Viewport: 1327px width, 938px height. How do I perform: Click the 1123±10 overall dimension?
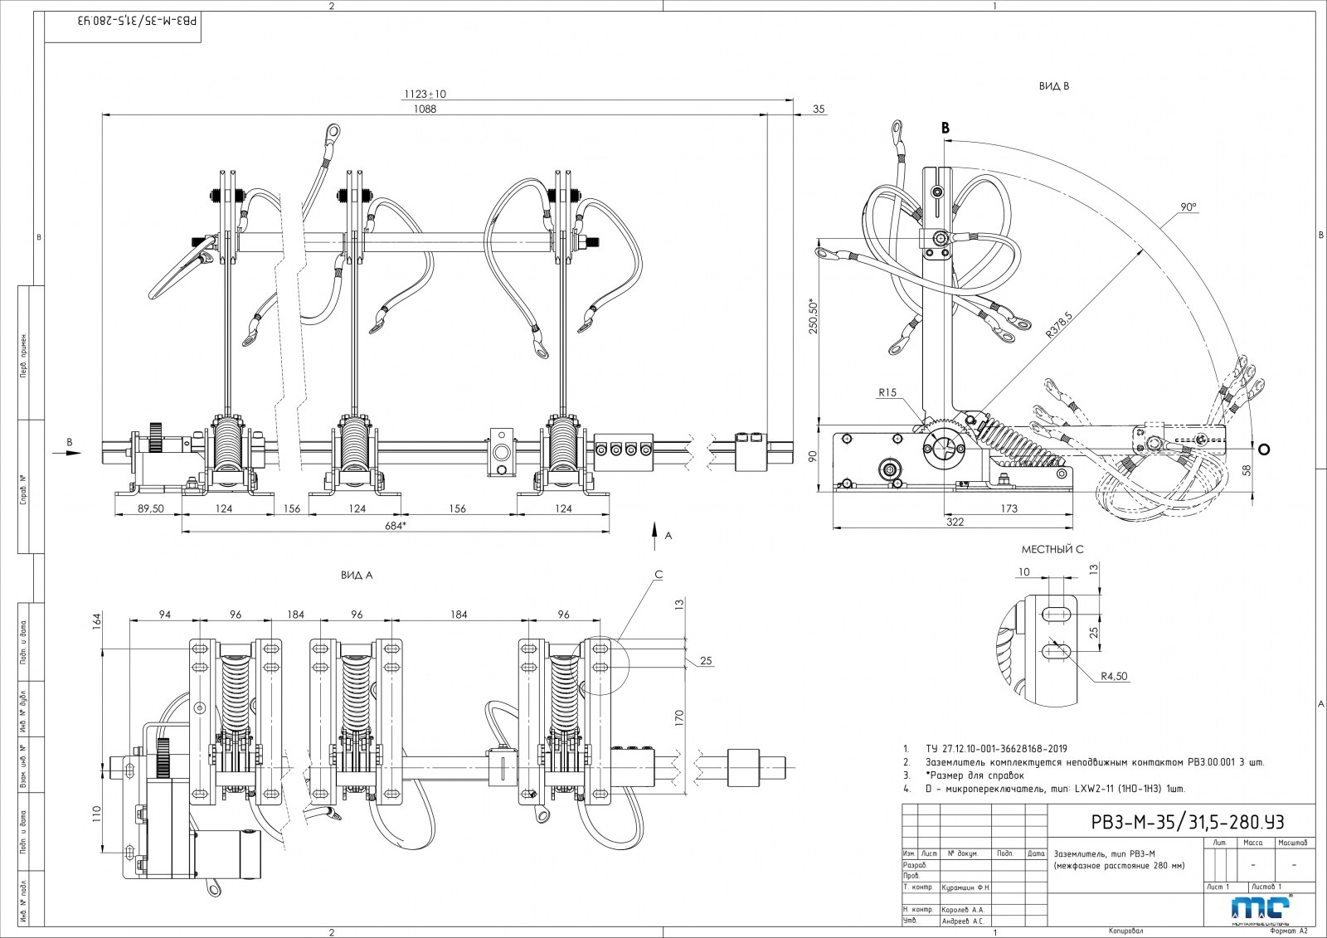pos(425,94)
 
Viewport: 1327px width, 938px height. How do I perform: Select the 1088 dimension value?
pos(425,108)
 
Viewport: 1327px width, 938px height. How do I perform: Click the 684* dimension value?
pos(395,526)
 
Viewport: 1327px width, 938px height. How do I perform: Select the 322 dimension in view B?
pos(955,522)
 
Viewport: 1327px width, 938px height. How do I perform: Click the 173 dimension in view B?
pos(1008,508)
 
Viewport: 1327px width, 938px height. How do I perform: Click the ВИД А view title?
pos(356,574)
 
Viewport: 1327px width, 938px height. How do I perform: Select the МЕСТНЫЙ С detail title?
pos(1052,549)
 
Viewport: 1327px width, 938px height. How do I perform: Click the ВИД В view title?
pos(1053,86)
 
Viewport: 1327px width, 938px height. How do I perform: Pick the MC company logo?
pos(1260,909)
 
